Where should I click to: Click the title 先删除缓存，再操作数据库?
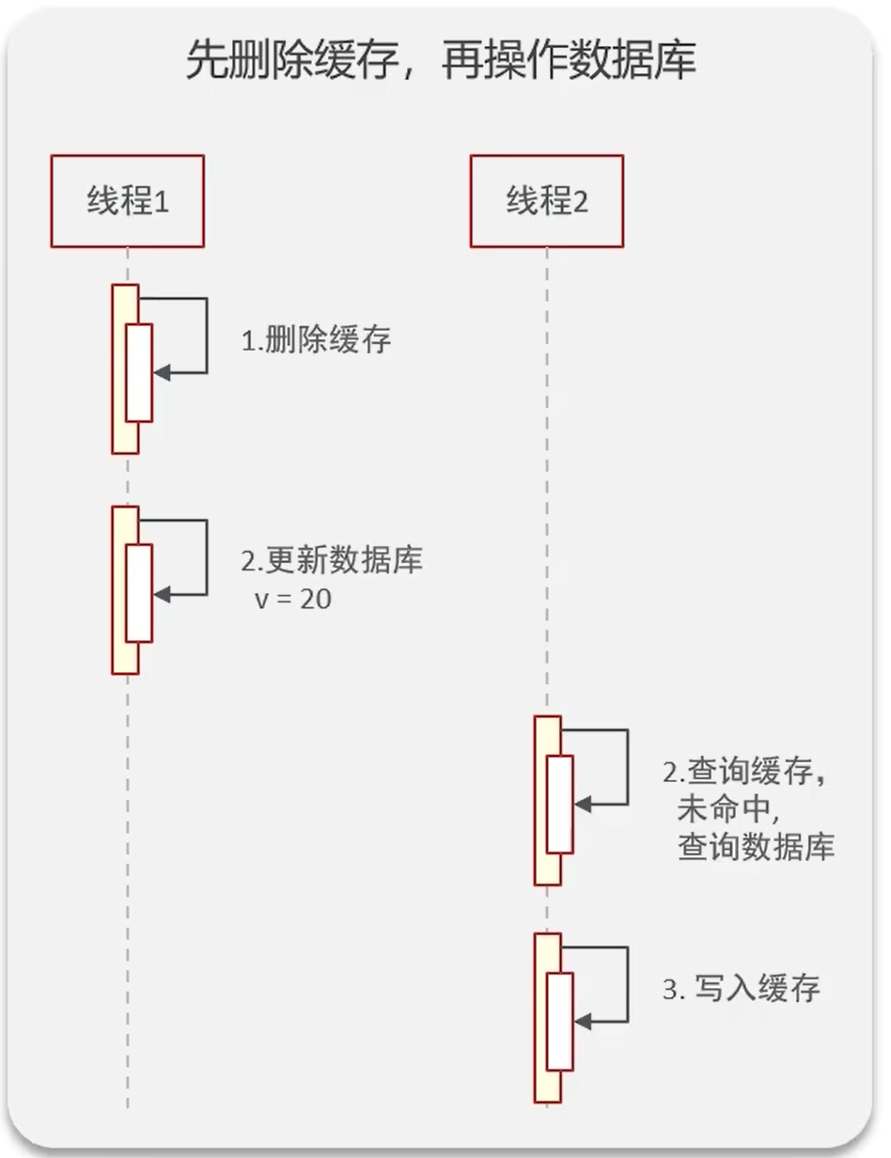(x=441, y=62)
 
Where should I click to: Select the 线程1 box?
(x=128, y=201)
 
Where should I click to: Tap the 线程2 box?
(x=547, y=201)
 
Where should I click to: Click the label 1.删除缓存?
(x=316, y=340)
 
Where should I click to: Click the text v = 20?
(x=292, y=600)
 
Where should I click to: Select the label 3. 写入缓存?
(x=742, y=989)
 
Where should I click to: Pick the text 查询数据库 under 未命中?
(x=756, y=848)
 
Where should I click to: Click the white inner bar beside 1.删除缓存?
(x=139, y=372)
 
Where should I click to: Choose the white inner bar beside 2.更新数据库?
(x=139, y=593)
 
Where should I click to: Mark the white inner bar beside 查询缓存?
(x=560, y=804)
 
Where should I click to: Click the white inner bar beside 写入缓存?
(x=560, y=1021)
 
